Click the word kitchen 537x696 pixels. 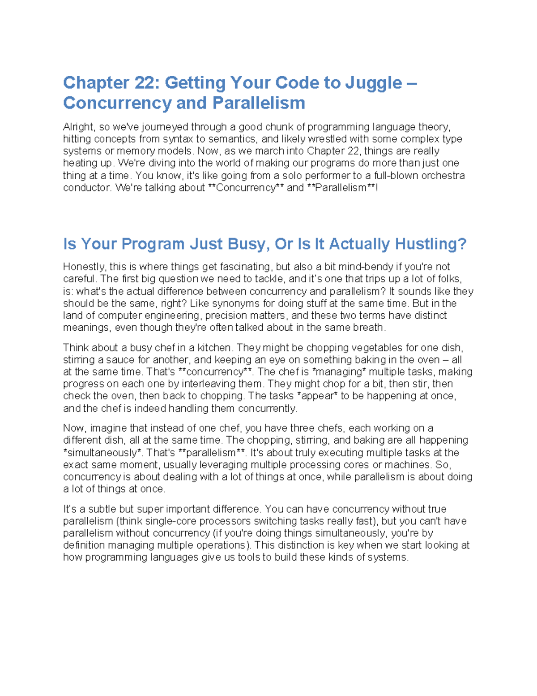coord(212,348)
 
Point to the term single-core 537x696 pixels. coord(172,522)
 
